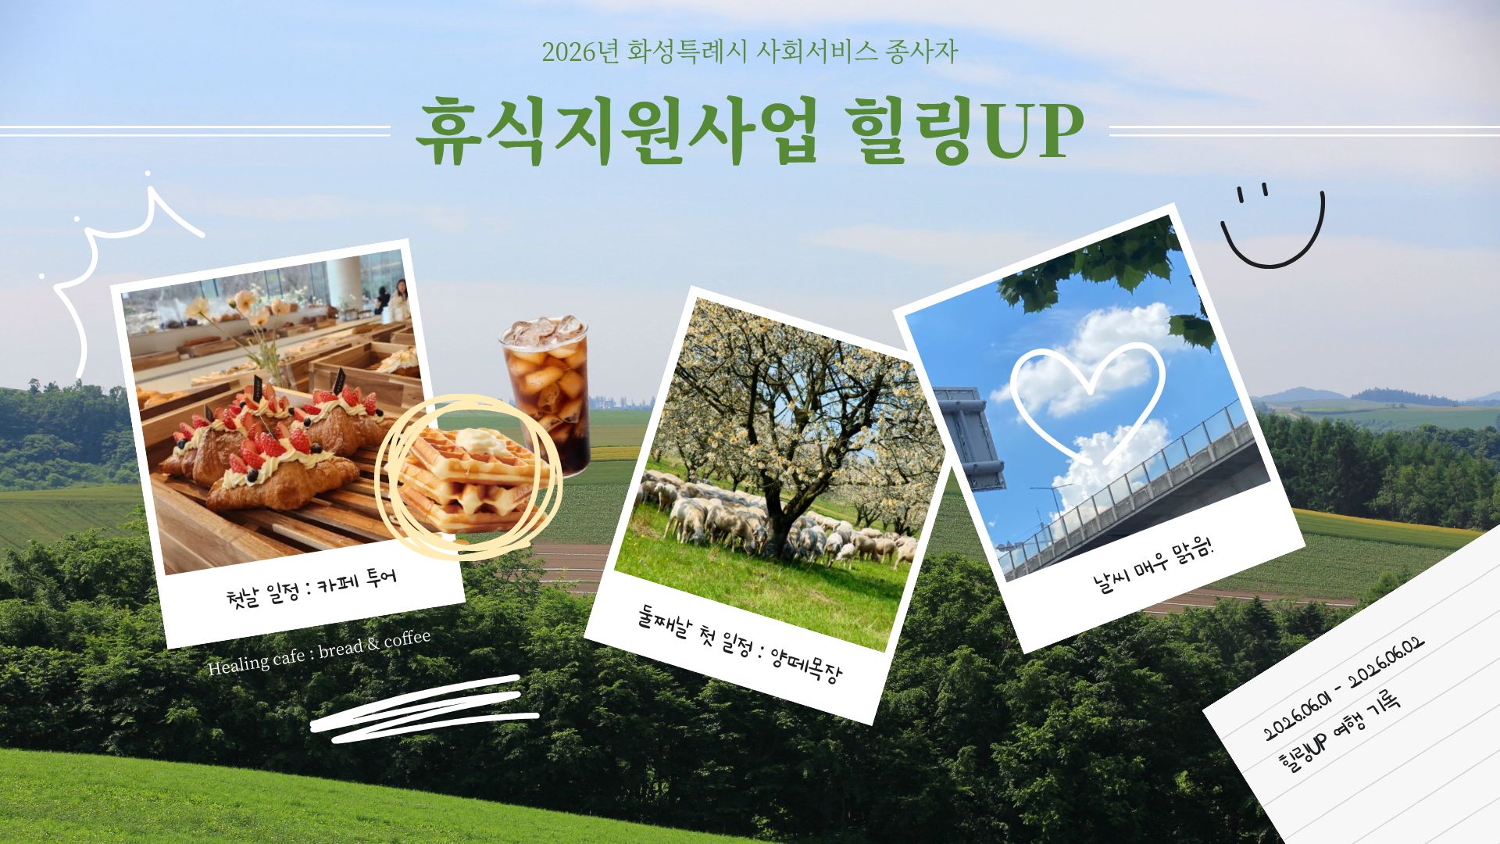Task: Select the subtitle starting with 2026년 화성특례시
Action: [749, 52]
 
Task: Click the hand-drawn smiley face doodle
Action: [1273, 227]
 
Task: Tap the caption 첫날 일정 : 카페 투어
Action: [311, 589]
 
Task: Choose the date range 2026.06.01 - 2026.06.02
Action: [1344, 688]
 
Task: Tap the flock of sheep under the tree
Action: [844, 539]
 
